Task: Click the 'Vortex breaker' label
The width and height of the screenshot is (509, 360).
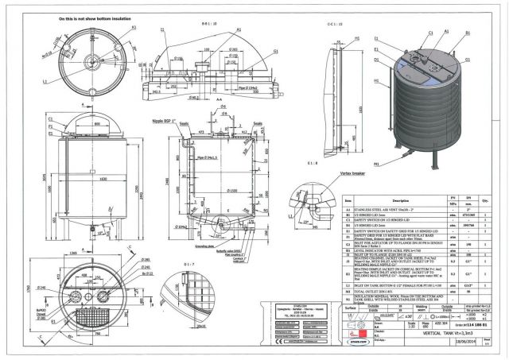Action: coord(335,170)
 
